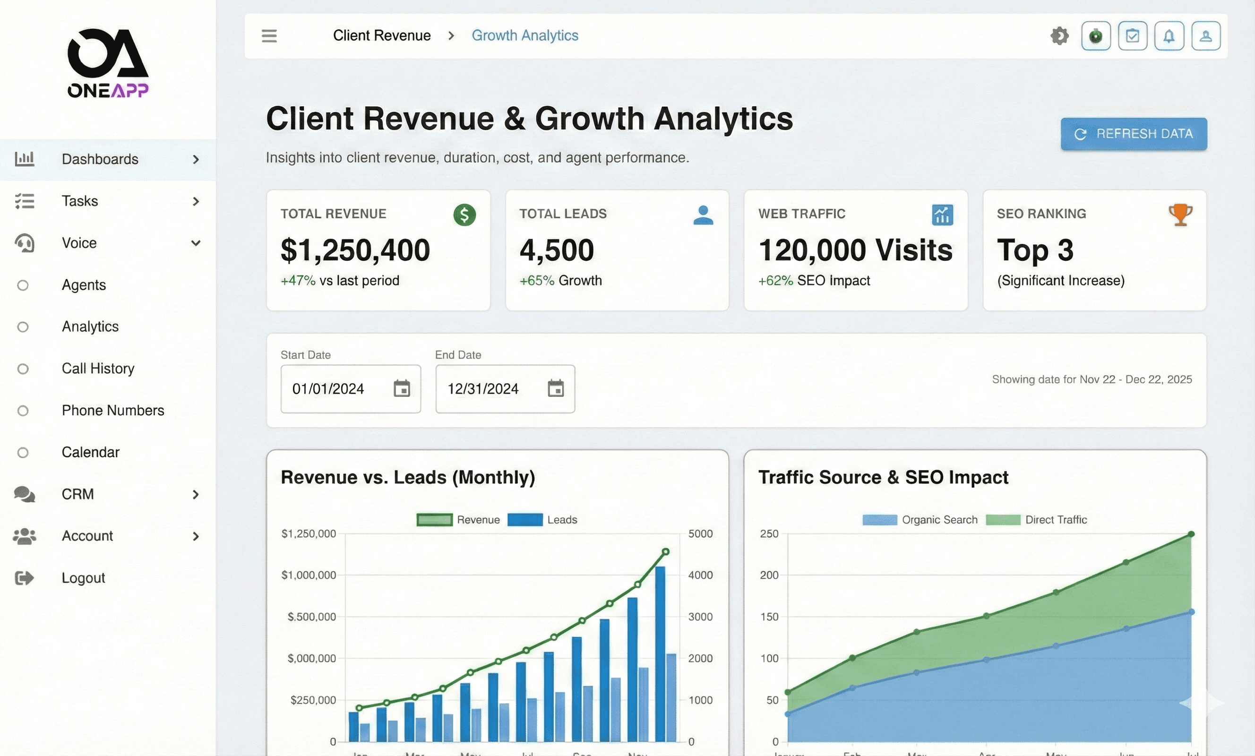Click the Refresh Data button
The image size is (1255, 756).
pos(1133,134)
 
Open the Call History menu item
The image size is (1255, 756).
pos(98,369)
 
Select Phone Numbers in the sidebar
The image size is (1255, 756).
pos(112,410)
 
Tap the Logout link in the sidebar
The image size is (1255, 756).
pos(83,578)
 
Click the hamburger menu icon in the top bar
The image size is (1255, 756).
pos(269,35)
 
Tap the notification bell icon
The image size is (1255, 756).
pos(1169,35)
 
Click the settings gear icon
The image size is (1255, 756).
pos(1059,35)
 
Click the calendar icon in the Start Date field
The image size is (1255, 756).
pos(401,389)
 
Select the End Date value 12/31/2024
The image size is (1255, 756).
pos(483,389)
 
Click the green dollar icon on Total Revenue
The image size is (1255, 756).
pos(464,215)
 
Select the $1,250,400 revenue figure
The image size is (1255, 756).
pos(355,250)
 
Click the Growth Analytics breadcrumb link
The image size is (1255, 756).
pos(524,35)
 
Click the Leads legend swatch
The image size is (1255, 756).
pos(524,520)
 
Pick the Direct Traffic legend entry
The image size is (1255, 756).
pos(1055,520)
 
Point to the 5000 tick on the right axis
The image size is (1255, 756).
pos(700,534)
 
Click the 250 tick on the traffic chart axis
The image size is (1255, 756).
pos(769,534)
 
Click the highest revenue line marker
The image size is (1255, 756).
pos(665,552)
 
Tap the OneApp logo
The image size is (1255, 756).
pos(108,63)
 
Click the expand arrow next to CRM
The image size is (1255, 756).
pos(196,494)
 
